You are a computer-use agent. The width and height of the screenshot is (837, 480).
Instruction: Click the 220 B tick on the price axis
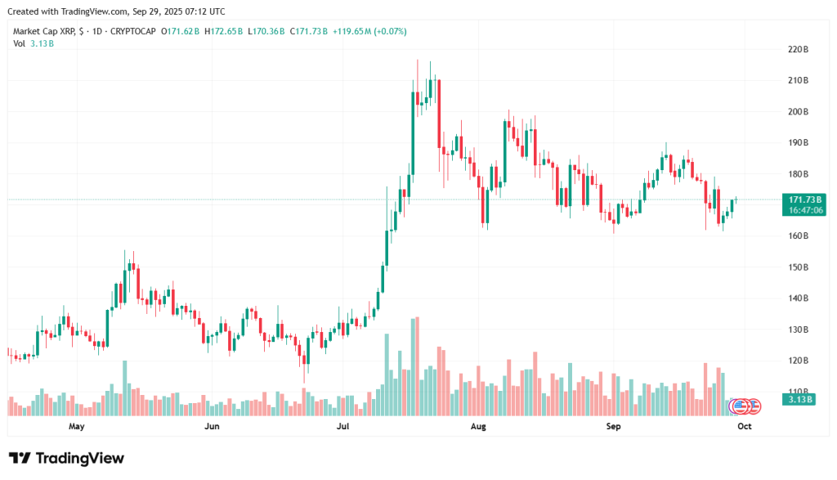tap(798, 50)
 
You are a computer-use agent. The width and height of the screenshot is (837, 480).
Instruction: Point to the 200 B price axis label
tap(798, 112)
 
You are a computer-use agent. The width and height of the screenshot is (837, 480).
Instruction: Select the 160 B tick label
tap(798, 236)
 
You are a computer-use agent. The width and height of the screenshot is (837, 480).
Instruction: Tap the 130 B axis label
tap(798, 330)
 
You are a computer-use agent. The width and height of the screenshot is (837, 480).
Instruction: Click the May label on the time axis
tap(77, 426)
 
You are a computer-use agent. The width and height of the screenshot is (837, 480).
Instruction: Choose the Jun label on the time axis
tap(212, 426)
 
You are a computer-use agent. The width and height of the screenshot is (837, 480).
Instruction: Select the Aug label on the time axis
tap(479, 426)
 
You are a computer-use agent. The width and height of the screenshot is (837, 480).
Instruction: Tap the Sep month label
tap(614, 426)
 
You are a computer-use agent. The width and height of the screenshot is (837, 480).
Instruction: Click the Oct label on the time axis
tap(744, 426)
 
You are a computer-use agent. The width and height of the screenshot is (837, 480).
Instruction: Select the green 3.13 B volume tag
tap(797, 400)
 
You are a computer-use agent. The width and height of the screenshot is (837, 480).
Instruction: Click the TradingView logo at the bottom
tap(67, 458)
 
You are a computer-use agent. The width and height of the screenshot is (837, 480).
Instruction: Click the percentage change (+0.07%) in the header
tap(388, 31)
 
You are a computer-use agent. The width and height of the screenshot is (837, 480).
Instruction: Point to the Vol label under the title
tap(19, 43)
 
